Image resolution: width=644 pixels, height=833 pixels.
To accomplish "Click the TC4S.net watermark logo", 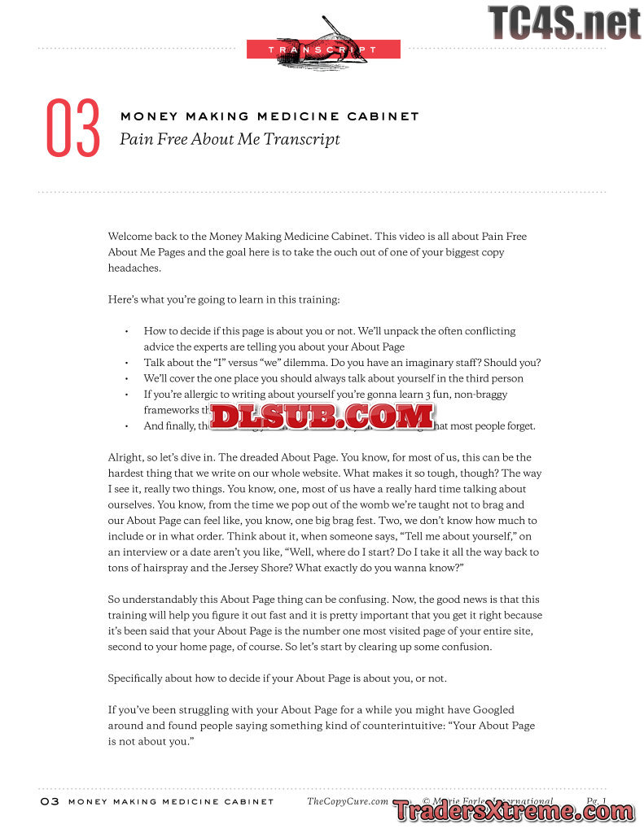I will click(564, 22).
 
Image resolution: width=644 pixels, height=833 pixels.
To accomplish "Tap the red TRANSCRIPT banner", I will click(323, 50).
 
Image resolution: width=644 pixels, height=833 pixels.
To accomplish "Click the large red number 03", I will click(72, 129).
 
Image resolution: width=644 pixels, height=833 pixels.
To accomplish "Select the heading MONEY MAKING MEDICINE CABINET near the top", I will click(269, 116).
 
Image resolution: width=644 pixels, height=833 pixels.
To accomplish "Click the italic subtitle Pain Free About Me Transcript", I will click(230, 139).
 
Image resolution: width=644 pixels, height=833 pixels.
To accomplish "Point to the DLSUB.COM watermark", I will click(322, 416).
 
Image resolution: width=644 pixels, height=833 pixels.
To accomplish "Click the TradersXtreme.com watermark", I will click(513, 811).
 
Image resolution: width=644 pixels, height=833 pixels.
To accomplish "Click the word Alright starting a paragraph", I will click(126, 457).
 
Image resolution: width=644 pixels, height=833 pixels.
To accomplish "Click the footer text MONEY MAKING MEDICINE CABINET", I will click(171, 801).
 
